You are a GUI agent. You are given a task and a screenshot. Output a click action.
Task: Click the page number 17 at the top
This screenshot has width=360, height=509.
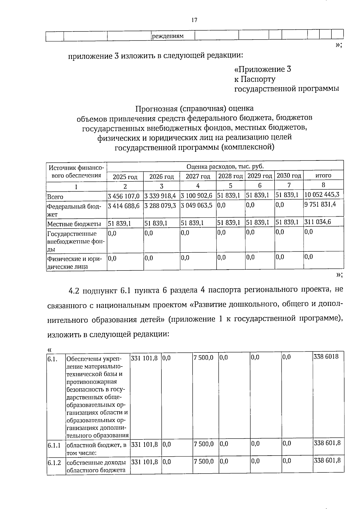[194, 20]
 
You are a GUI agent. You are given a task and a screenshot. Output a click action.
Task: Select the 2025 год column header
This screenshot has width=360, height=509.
[125, 177]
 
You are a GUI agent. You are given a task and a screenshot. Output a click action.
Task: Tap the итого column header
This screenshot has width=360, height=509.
[323, 175]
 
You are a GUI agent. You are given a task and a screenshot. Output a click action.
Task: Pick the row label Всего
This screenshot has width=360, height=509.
[55, 197]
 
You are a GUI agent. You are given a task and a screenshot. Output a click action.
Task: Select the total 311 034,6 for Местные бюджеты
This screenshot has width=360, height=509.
[318, 222]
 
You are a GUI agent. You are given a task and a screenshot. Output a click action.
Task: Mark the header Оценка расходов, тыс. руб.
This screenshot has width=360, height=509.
[225, 166]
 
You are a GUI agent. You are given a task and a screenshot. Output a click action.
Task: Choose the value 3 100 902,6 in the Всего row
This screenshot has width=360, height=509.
[196, 196]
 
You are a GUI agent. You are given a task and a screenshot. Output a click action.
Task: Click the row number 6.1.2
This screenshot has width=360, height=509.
[54, 463]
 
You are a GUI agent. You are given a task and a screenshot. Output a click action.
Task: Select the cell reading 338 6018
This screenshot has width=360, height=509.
[326, 357]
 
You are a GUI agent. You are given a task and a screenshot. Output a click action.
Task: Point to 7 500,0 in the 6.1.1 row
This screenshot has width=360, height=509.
[204, 444]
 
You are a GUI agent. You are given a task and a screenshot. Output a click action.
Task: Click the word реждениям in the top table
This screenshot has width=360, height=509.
[168, 36]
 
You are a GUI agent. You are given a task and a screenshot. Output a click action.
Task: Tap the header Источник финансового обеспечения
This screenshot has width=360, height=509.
[76, 172]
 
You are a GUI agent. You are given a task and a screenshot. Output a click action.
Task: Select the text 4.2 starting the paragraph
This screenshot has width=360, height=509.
[74, 290]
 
